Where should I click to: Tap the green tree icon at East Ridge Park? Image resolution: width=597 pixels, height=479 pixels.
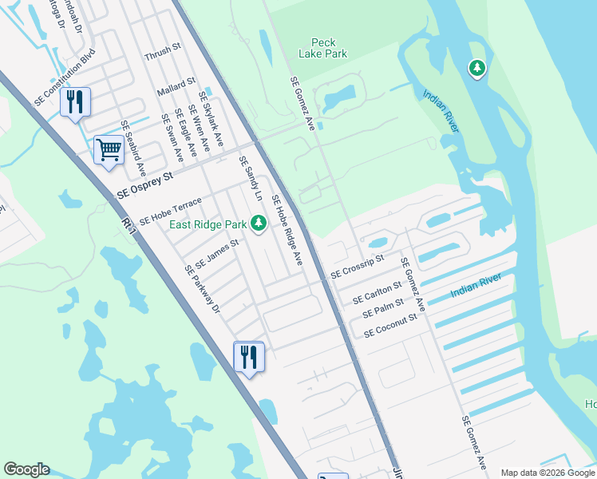click(x=258, y=223)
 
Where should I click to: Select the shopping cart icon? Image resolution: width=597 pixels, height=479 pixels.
click(x=109, y=148)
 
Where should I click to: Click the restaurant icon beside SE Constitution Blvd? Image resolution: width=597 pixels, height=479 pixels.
click(x=76, y=102)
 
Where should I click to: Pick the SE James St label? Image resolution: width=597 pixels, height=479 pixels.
click(x=217, y=252)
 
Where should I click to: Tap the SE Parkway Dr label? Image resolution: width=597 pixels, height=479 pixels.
click(x=202, y=290)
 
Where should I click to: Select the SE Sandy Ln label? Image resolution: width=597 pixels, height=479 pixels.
click(x=251, y=178)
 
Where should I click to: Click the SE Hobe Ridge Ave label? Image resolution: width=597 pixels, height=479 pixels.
click(x=287, y=230)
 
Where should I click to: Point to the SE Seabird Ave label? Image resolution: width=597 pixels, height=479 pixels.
click(x=133, y=148)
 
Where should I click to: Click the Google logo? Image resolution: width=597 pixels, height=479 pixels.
click(x=26, y=469)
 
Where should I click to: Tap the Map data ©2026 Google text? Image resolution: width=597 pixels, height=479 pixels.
click(x=547, y=473)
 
